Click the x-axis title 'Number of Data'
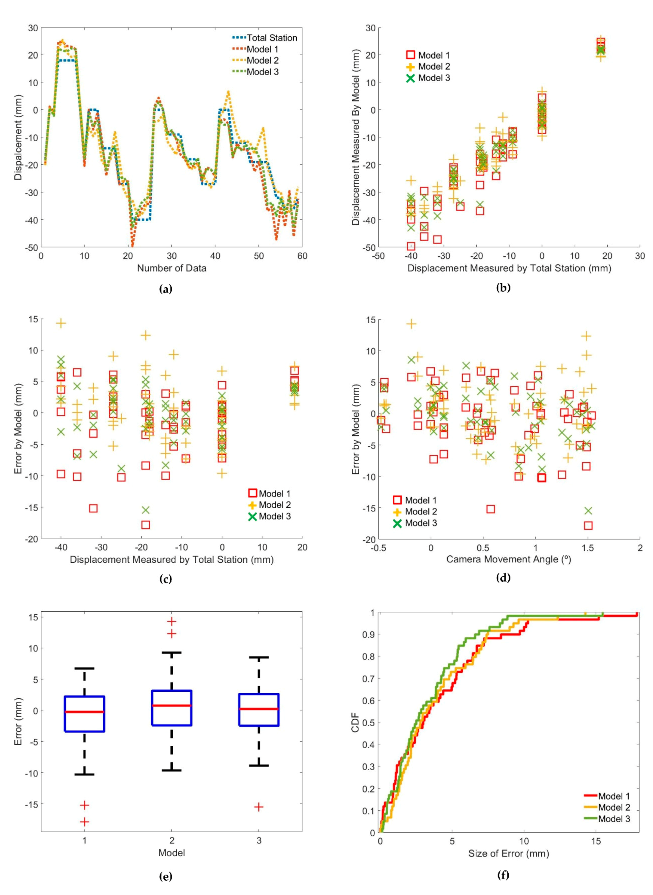(172, 268)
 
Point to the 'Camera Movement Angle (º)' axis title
(509, 559)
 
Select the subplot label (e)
(165, 877)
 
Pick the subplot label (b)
(503, 288)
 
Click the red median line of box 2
(172, 705)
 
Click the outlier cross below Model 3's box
(259, 807)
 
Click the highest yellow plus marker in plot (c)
(61, 323)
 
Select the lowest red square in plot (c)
(146, 525)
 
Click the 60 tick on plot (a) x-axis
(302, 256)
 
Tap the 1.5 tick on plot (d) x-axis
(588, 548)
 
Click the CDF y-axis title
(355, 722)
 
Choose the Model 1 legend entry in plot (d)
(420, 500)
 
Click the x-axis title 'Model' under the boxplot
(172, 853)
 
